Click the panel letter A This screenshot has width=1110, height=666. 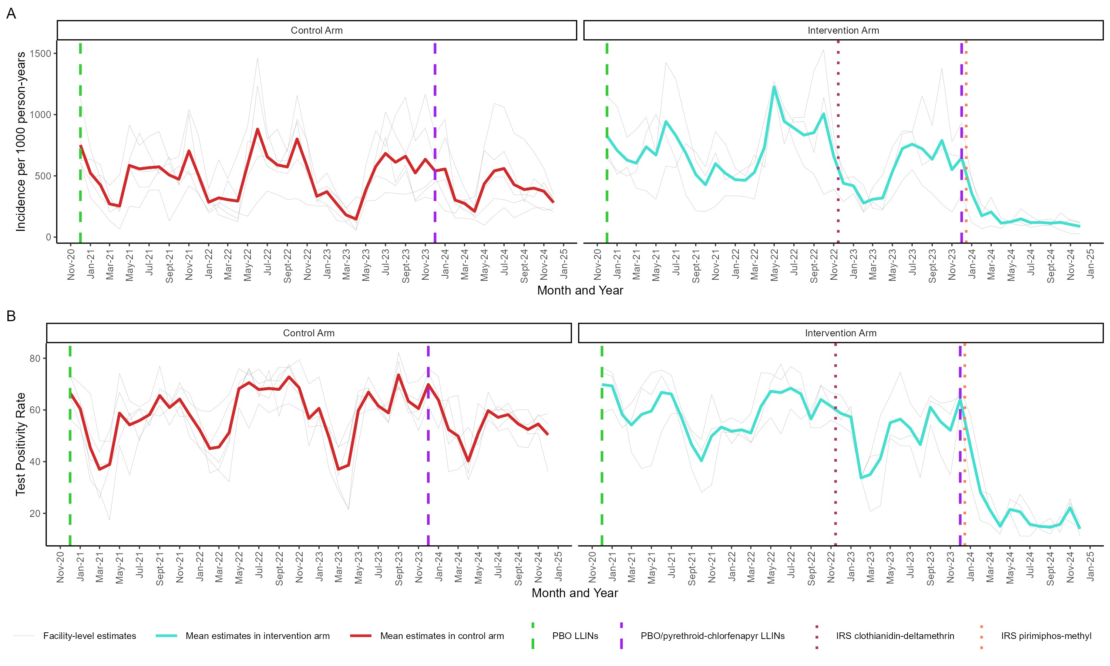[x=11, y=13]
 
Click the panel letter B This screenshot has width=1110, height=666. [x=11, y=316]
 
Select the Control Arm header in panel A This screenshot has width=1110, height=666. [x=316, y=30]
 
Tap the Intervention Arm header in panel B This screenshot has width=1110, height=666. [x=840, y=333]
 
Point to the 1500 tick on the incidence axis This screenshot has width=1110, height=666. [x=40, y=53]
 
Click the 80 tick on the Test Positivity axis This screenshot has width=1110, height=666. [x=35, y=358]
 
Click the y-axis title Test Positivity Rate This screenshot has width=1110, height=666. [x=20, y=444]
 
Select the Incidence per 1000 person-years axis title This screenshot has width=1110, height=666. [x=20, y=141]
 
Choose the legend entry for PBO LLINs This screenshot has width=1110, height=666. [x=575, y=636]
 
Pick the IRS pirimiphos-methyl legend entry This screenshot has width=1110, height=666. [x=1046, y=636]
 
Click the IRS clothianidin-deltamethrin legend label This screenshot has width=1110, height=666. [x=895, y=636]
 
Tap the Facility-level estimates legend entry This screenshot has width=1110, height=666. [x=89, y=636]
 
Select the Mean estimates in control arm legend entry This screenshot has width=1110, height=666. [x=441, y=636]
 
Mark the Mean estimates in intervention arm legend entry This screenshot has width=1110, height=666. [x=257, y=636]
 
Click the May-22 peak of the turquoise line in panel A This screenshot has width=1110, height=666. [x=774, y=87]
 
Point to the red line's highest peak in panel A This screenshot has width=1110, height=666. [x=258, y=129]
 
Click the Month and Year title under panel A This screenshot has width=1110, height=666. [x=580, y=290]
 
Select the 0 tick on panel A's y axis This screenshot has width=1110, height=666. [x=48, y=237]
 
